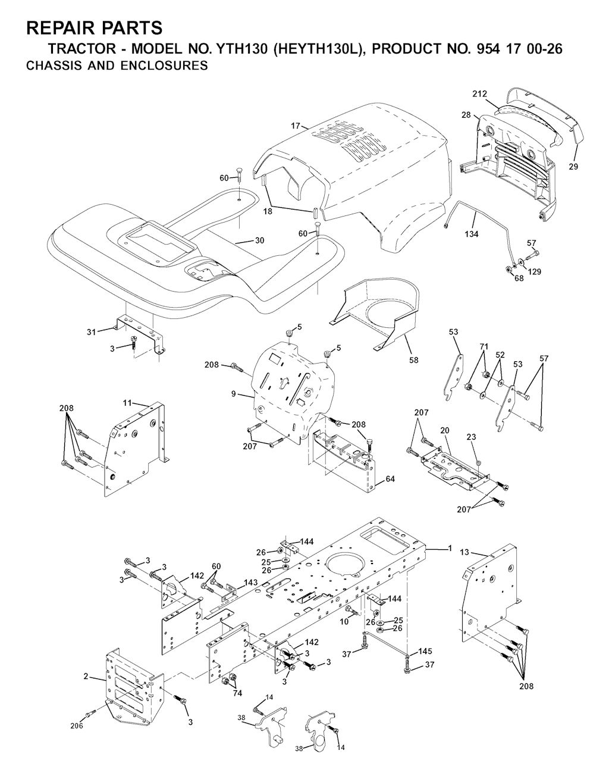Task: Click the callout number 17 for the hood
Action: (295, 126)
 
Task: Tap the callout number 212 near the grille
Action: (479, 94)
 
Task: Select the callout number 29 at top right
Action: (573, 167)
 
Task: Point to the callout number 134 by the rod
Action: (472, 234)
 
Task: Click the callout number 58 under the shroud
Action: (413, 360)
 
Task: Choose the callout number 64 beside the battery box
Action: (390, 479)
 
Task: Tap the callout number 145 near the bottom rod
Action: (425, 652)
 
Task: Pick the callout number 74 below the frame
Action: (237, 693)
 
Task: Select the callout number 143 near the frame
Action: (251, 583)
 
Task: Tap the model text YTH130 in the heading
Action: (241, 49)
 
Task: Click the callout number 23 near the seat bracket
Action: (471, 437)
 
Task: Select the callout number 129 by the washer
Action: (535, 272)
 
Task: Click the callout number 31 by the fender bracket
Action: (92, 332)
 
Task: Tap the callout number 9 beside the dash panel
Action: (234, 394)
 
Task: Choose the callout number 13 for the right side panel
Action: (464, 552)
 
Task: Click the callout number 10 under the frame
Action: (344, 622)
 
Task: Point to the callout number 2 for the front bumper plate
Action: (86, 676)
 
